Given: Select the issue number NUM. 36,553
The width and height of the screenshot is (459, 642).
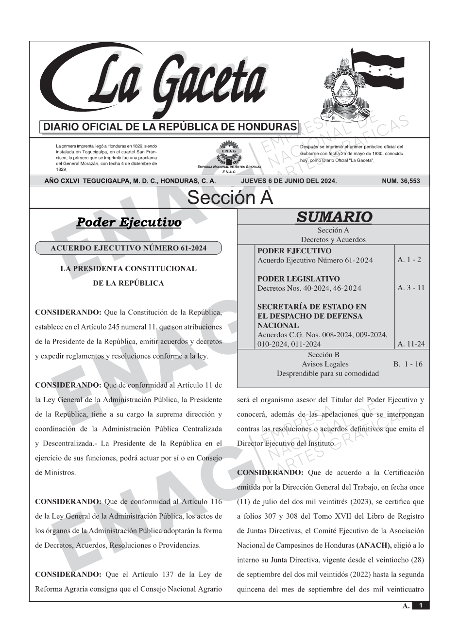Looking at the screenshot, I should click(x=401, y=181).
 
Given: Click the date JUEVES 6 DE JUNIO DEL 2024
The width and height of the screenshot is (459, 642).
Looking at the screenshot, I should click(x=289, y=181).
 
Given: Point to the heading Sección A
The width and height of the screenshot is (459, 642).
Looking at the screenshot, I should click(x=230, y=198).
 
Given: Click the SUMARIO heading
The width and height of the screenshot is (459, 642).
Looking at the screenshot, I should click(x=334, y=217).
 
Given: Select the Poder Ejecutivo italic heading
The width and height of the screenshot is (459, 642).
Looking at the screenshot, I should click(x=129, y=223).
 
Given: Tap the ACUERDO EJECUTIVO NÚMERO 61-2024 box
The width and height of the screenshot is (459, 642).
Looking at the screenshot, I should click(x=129, y=248).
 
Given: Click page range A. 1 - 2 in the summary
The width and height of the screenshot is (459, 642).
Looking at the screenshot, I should click(x=409, y=260).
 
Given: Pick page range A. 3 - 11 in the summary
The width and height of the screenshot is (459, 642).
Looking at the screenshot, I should click(x=410, y=288).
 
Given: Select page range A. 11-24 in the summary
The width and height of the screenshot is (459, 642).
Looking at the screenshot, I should click(x=410, y=344).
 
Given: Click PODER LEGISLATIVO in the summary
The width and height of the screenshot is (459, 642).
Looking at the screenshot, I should click(x=298, y=279).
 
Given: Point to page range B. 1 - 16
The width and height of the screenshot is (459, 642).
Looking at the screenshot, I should click(x=408, y=364).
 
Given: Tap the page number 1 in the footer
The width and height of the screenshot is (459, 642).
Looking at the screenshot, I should click(x=421, y=606).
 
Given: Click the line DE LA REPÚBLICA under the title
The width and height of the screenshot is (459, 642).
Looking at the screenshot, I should click(x=128, y=283).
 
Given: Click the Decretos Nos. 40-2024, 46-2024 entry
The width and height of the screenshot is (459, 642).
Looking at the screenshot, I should click(x=309, y=288).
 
